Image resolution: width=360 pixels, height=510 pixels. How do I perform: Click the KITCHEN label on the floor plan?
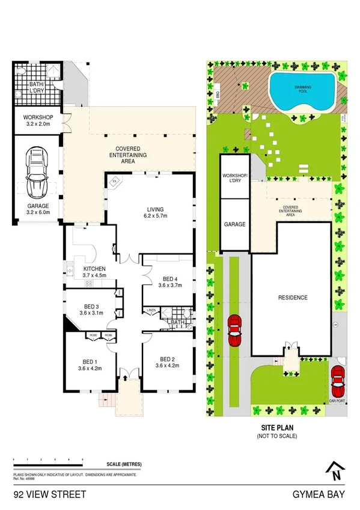coord(94,272)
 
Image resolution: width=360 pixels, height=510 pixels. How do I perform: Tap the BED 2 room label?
coord(168,362)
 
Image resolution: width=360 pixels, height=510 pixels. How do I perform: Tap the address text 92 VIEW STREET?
coord(50,494)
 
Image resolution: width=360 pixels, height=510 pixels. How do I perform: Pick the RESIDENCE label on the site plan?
coord(292,298)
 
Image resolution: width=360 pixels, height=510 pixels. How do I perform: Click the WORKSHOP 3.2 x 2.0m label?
coord(38,120)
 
